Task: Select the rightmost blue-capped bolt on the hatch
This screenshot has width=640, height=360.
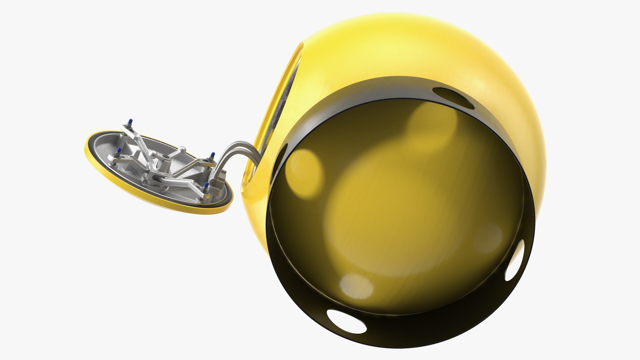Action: pyautogui.click(x=212, y=155)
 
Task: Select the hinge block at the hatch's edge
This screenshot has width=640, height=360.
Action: pyautogui.click(x=220, y=182)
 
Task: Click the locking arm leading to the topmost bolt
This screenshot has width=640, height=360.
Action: pyautogui.click(x=137, y=133)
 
